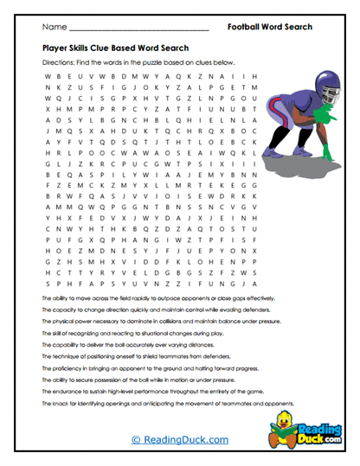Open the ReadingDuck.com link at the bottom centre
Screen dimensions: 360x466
click(x=179, y=440)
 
